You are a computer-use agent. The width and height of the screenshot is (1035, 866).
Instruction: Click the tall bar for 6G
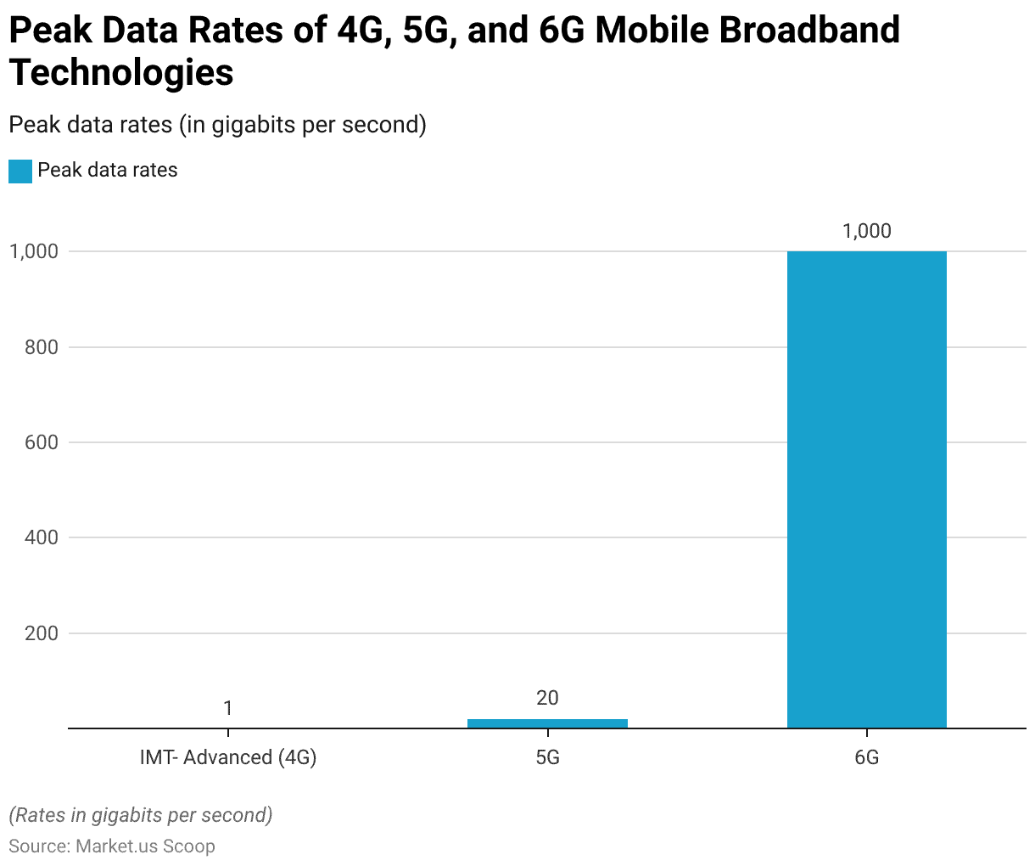click(x=866, y=489)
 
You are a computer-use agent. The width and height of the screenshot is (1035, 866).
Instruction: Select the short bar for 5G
click(x=547, y=723)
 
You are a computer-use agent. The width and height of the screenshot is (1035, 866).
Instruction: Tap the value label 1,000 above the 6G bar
click(x=866, y=231)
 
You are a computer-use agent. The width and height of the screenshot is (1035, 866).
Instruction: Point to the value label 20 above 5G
click(x=547, y=698)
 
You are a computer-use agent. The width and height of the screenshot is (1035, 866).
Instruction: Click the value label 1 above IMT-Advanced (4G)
click(x=227, y=708)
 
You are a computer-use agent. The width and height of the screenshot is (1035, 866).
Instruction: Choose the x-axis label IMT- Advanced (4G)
click(x=227, y=757)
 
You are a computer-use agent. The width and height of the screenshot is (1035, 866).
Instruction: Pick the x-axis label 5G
click(x=547, y=757)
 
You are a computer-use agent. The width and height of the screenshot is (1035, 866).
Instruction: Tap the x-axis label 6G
click(x=866, y=757)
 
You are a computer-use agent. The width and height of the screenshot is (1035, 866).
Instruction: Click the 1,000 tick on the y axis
click(x=33, y=251)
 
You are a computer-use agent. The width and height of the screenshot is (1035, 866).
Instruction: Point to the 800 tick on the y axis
click(x=40, y=347)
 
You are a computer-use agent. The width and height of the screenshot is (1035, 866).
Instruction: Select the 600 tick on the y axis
click(x=40, y=442)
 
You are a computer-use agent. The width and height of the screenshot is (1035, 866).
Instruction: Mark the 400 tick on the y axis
click(x=40, y=537)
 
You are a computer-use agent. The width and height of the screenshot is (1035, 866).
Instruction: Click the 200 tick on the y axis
click(x=40, y=633)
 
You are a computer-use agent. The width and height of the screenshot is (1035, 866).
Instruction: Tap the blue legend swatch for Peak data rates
click(x=20, y=171)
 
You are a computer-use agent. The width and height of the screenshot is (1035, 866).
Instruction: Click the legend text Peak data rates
click(x=108, y=171)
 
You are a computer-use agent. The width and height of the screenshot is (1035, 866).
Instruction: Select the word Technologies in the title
click(x=121, y=72)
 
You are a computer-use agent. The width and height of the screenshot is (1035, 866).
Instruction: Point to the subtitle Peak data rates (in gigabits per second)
click(x=217, y=125)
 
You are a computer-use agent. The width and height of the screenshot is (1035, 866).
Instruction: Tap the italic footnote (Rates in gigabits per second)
click(x=141, y=816)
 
